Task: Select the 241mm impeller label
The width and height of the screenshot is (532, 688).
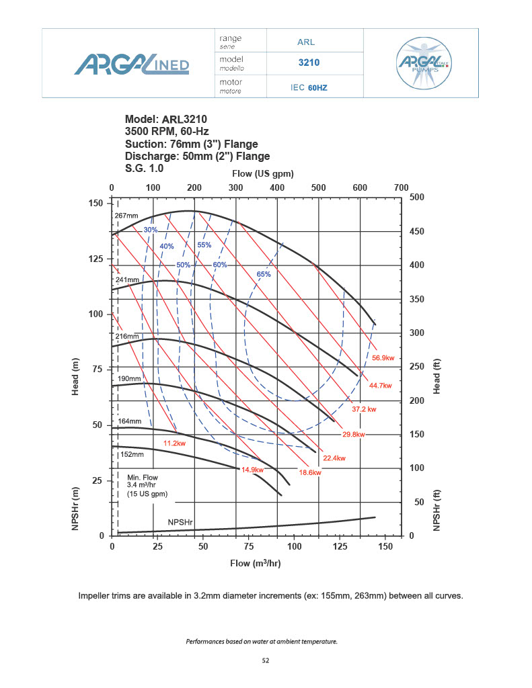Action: (x=128, y=279)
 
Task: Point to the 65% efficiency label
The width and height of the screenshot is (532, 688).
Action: (x=264, y=274)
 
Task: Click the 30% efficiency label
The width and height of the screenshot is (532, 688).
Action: (x=150, y=230)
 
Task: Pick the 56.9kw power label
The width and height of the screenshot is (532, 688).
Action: (x=383, y=358)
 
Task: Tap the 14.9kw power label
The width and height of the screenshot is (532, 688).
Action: (x=252, y=470)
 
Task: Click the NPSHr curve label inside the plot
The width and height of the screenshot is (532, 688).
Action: (x=180, y=521)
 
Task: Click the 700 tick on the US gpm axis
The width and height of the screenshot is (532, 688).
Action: (x=401, y=187)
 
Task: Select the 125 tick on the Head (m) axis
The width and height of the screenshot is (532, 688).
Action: (x=97, y=259)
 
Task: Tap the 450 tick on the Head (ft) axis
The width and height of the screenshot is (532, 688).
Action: (x=417, y=232)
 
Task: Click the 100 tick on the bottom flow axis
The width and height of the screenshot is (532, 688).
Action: (x=294, y=547)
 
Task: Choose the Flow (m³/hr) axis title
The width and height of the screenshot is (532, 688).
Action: (x=256, y=563)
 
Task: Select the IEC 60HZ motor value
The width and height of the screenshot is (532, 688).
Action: (x=309, y=87)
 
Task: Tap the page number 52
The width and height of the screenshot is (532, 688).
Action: (x=266, y=661)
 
